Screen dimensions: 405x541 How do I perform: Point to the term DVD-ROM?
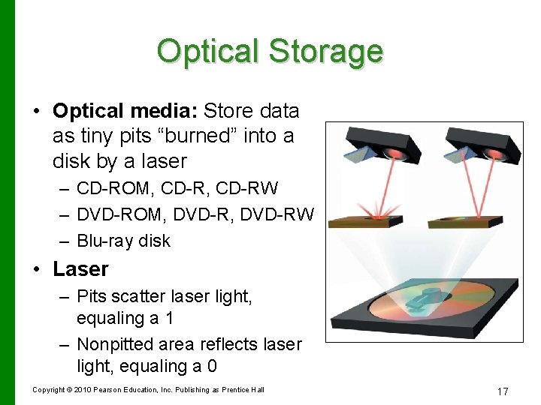pyautogui.click(x=119, y=214)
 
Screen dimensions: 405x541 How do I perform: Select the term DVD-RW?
pyautogui.click(x=278, y=214)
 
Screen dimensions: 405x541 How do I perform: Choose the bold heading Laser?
pyautogui.click(x=80, y=268)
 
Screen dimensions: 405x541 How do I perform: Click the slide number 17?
pyautogui.click(x=503, y=391)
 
